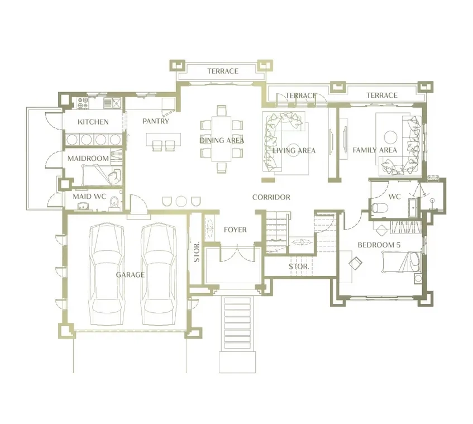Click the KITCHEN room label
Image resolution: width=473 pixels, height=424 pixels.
tap(93, 122)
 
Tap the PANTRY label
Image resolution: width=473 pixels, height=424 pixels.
tap(156, 121)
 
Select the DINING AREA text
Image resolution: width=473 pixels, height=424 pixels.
tap(222, 140)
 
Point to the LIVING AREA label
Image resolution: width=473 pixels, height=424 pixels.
tap(294, 150)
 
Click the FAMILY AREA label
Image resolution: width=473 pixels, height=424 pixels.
tap(375, 150)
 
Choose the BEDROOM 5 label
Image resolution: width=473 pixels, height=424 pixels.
tap(379, 245)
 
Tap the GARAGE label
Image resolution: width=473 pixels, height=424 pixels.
tap(130, 275)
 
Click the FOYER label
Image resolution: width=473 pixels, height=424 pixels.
tap(235, 230)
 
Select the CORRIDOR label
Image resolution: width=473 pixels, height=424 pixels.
tap(271, 197)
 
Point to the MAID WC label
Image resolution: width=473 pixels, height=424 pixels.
tap(89, 197)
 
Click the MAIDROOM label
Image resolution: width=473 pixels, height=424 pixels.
tap(88, 159)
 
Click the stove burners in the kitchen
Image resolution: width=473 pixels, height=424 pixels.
tap(83, 103)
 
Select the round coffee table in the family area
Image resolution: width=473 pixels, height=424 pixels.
tap(390, 137)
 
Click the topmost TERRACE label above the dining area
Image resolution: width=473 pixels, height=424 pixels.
tap(223, 71)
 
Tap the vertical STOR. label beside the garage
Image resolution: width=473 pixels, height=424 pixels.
tap(197, 253)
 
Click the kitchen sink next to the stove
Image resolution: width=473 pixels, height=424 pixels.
tap(112, 103)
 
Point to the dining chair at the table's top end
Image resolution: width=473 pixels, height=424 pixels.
tap(221, 110)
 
